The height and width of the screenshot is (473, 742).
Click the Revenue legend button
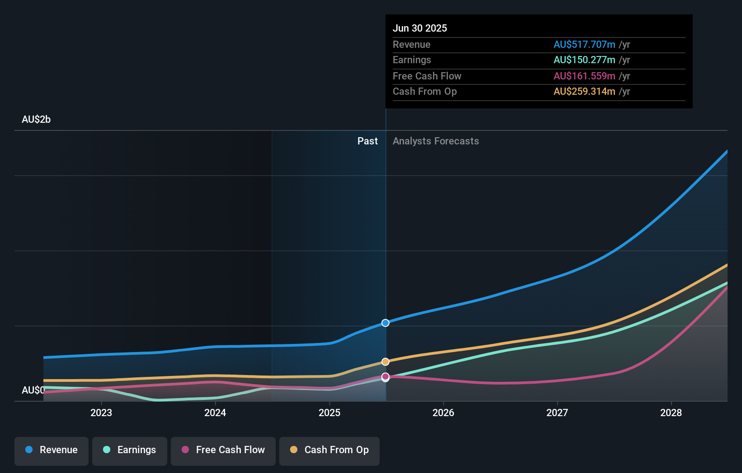[52, 450]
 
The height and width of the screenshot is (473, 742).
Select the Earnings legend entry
[130, 450]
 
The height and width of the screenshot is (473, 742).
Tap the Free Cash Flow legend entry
[223, 450]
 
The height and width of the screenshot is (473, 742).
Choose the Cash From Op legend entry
[329, 450]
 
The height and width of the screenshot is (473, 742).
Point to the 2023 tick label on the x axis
[101, 413]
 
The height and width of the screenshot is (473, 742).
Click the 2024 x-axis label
[215, 413]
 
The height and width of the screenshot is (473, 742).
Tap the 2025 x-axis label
[329, 413]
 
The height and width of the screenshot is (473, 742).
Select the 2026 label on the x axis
[443, 413]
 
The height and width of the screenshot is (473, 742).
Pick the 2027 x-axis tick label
[557, 413]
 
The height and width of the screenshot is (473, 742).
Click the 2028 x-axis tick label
[671, 413]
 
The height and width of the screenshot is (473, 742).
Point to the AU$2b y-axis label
[36, 120]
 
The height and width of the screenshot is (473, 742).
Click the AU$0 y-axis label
[33, 390]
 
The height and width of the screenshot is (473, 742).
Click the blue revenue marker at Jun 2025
[385, 323]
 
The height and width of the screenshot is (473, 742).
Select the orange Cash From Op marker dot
[385, 362]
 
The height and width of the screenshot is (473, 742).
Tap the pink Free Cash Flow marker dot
[385, 376]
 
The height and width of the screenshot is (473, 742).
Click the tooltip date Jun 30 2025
[420, 28]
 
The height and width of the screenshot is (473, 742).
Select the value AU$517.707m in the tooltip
[584, 44]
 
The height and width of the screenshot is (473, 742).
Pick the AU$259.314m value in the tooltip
[584, 91]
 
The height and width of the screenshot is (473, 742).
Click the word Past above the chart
[367, 141]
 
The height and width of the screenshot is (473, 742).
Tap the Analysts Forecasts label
[436, 141]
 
